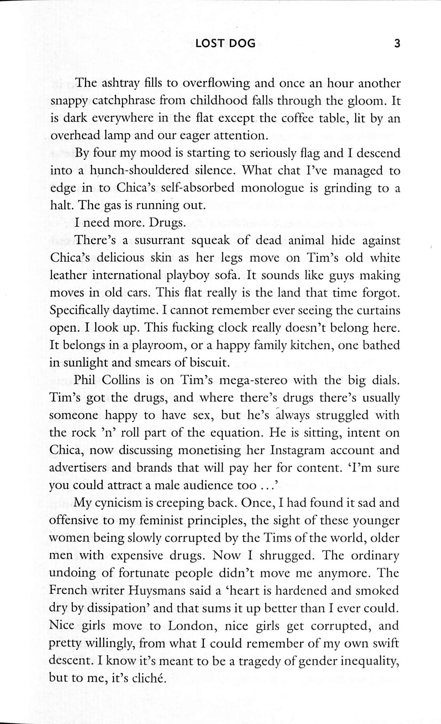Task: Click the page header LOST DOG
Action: tap(225, 44)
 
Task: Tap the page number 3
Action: tap(397, 44)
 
